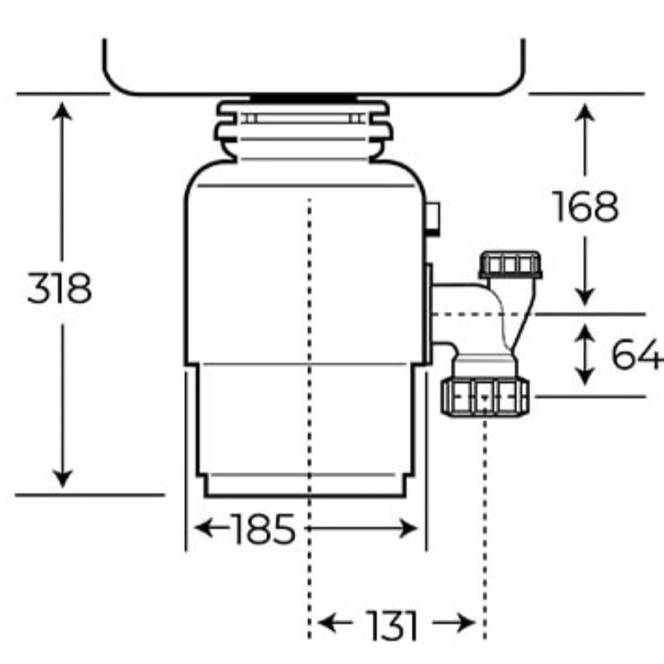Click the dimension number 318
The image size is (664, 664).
(59, 288)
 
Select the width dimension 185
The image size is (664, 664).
(262, 529)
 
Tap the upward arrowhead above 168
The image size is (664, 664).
(584, 111)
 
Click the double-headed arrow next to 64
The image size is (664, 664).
(584, 354)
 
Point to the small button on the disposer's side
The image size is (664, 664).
(433, 218)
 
